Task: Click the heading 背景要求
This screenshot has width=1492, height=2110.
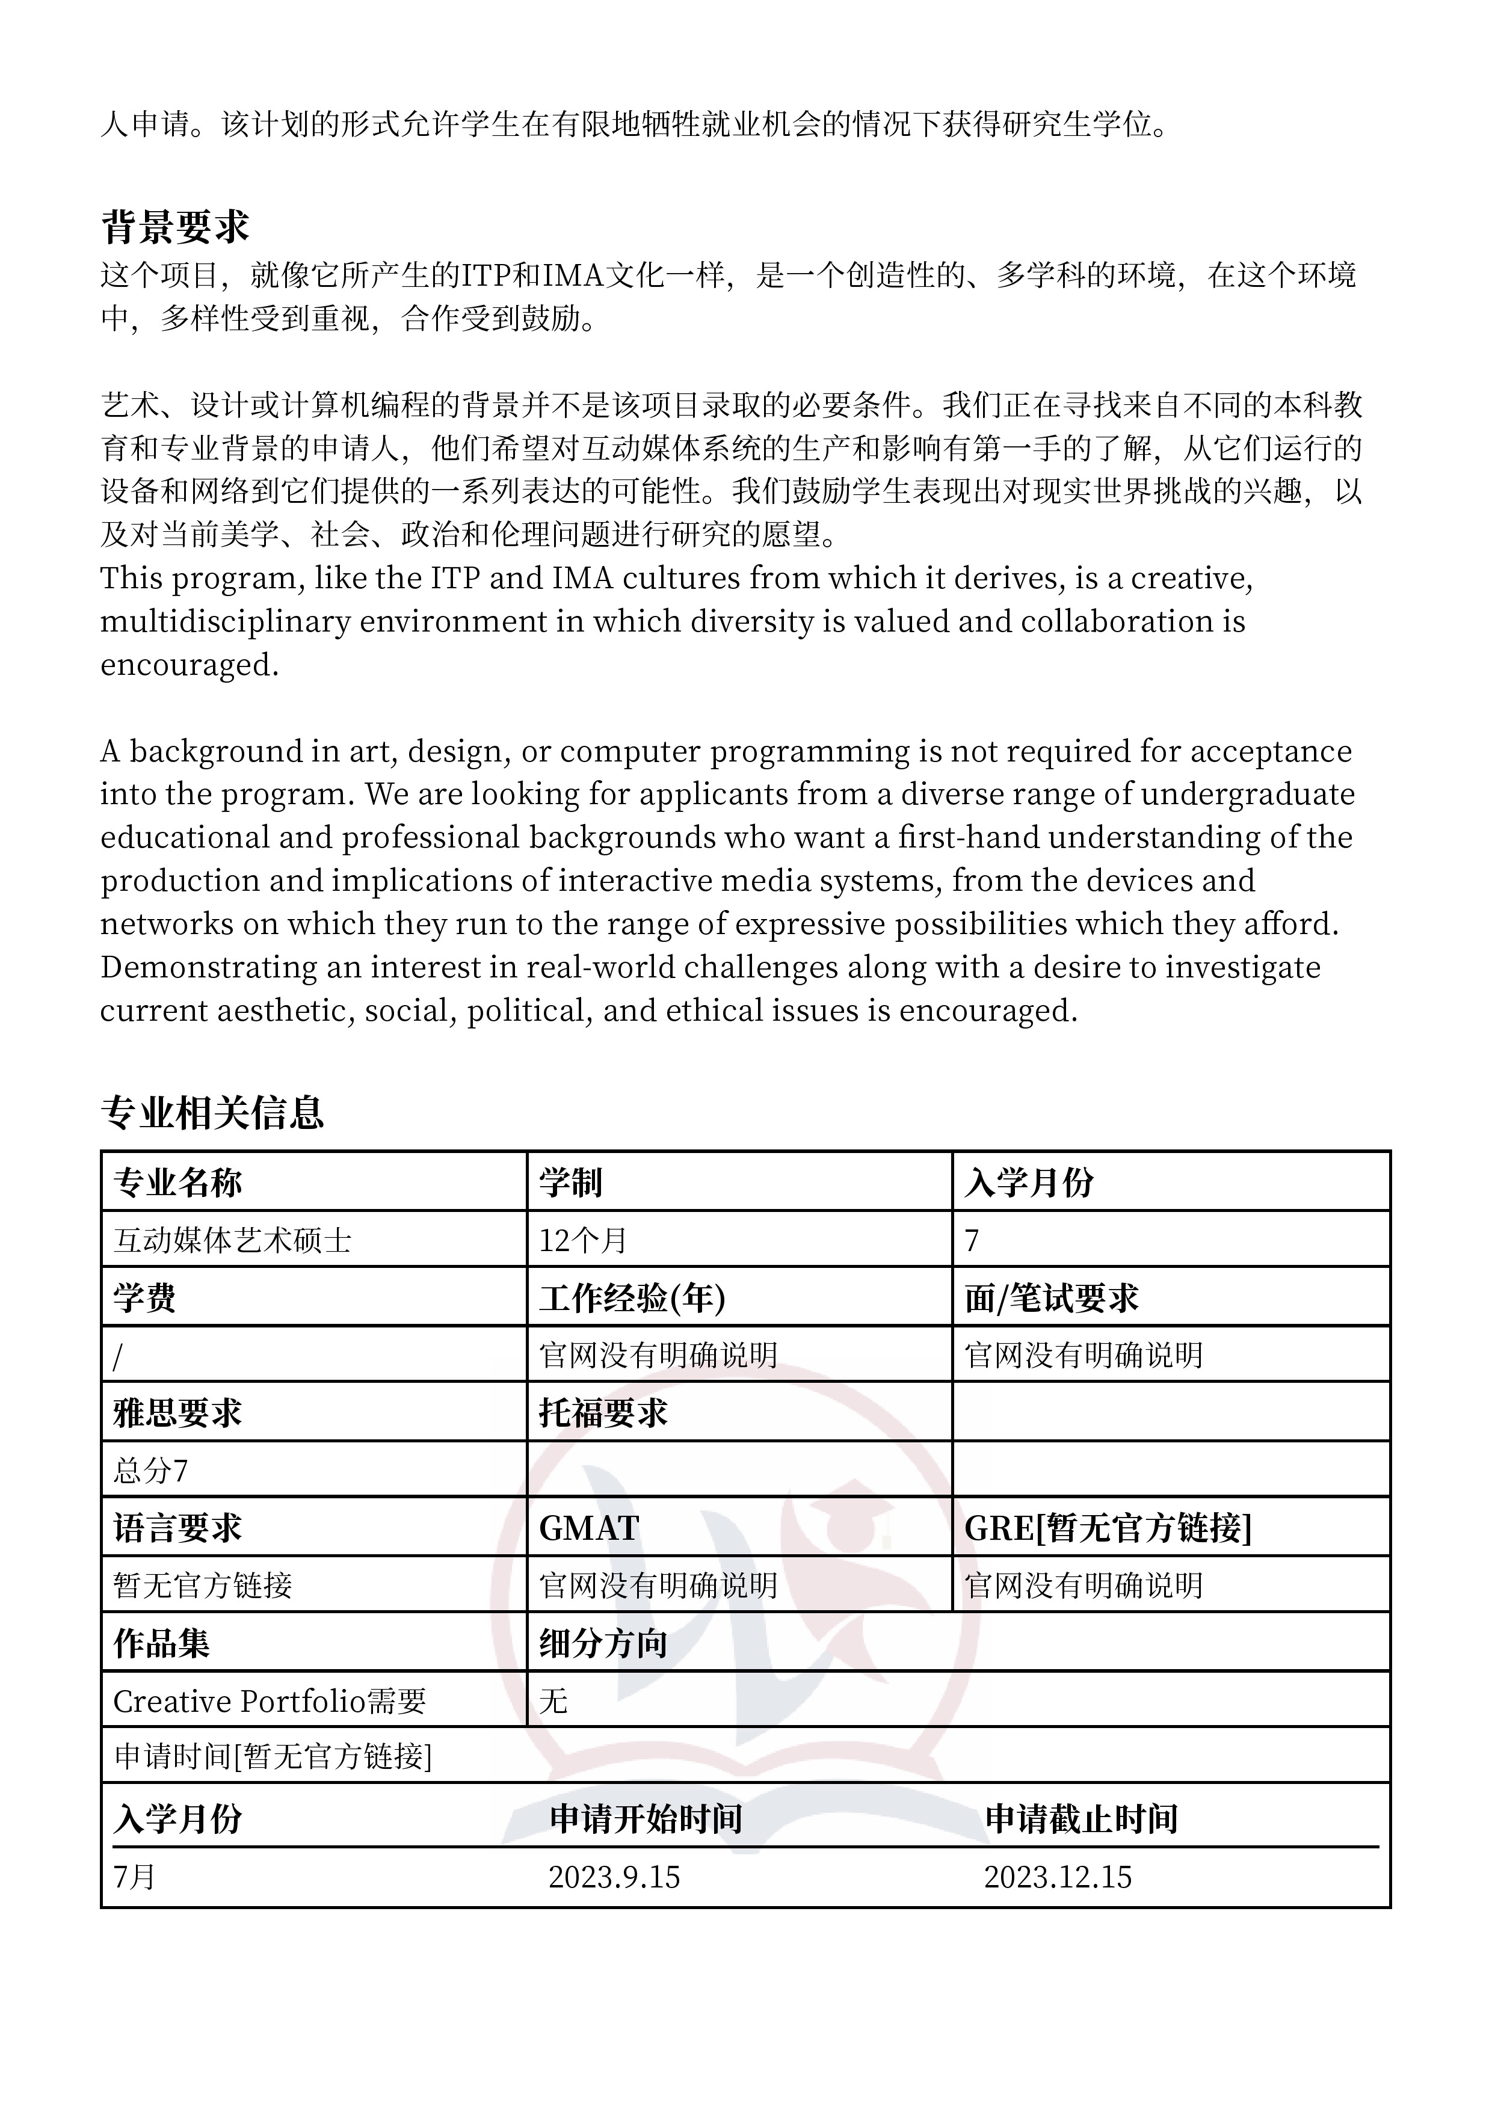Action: coord(174,227)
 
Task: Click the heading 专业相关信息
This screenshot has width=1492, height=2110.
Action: coord(212,1112)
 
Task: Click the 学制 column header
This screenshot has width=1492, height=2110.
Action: coord(570,1182)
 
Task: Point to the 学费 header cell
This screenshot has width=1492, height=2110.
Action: coord(144,1297)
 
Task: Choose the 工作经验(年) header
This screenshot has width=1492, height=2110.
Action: coord(632,1297)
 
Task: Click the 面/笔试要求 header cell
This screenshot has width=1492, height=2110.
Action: coord(1051,1297)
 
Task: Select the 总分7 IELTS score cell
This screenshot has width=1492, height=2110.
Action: coord(151,1471)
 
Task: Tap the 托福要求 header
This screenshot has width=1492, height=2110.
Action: coord(602,1412)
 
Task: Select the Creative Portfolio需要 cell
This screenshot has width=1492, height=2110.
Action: coord(270,1701)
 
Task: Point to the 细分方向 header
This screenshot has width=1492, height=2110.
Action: coord(602,1643)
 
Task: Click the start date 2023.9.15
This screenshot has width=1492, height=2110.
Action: coord(614,1877)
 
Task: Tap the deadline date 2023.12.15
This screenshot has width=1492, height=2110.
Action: coord(1057,1877)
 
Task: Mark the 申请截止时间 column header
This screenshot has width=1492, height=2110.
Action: coord(1081,1819)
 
